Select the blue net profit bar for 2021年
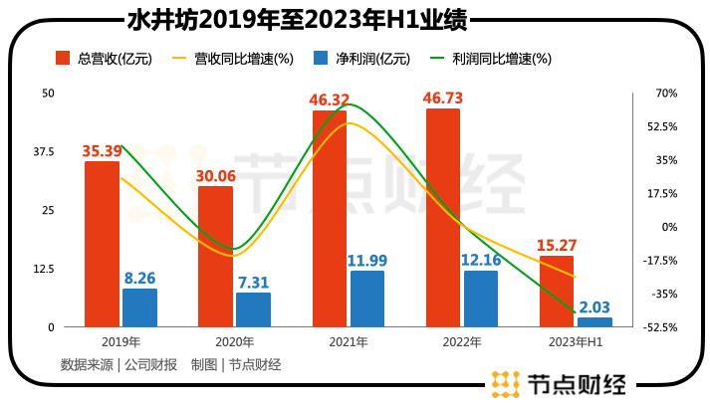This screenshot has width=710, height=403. [367, 299]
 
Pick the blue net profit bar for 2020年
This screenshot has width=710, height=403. [253, 309]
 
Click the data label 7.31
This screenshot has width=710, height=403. [253, 283]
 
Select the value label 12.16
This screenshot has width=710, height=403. [481, 261]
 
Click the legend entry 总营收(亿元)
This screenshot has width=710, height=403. [104, 59]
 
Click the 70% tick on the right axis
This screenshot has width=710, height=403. [666, 94]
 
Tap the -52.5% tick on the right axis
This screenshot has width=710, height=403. [662, 327]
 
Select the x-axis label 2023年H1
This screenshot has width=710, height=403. [576, 342]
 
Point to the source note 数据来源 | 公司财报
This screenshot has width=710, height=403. [118, 364]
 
